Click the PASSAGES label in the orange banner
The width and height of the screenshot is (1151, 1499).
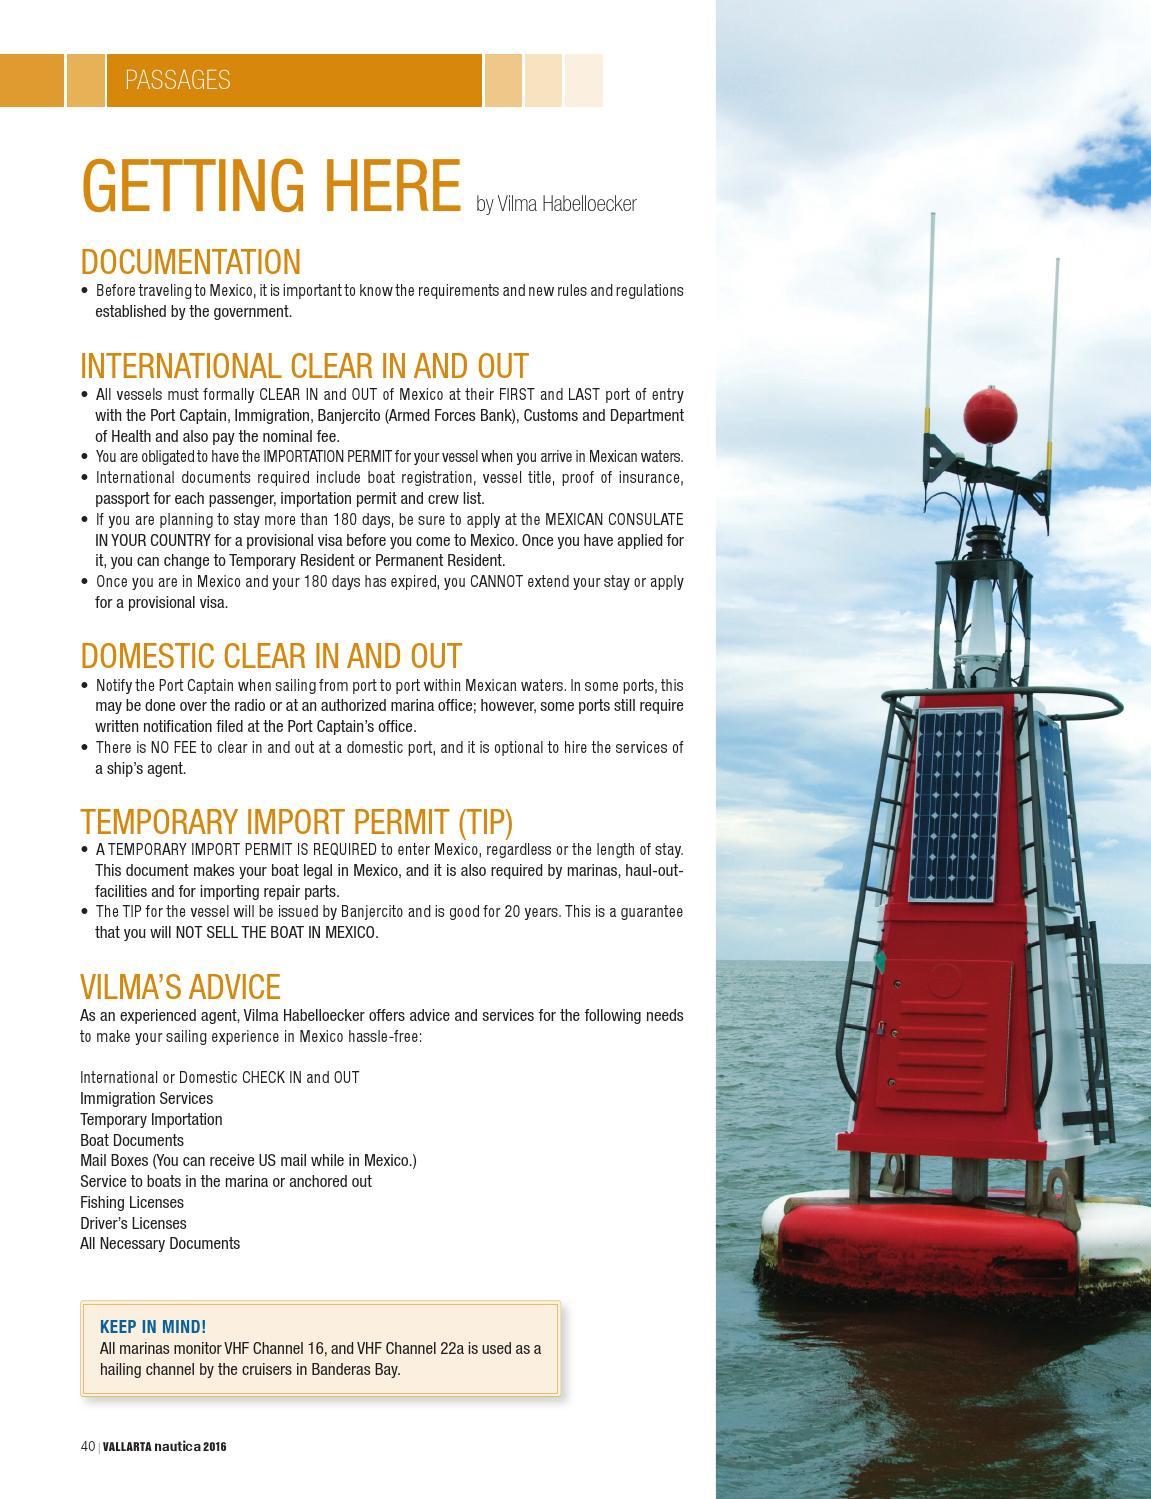click(x=177, y=80)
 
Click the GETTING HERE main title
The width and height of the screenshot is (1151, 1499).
click(x=270, y=186)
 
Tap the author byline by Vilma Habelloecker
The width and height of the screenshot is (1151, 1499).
click(x=556, y=204)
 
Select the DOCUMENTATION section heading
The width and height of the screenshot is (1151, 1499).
click(x=190, y=262)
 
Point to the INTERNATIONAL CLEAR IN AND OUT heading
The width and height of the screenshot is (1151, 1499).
click(x=304, y=366)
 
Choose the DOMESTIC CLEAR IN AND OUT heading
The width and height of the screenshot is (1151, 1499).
click(x=271, y=656)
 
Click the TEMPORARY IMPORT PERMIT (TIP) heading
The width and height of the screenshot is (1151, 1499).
click(x=296, y=822)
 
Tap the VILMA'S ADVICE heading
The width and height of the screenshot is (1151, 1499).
click(x=180, y=987)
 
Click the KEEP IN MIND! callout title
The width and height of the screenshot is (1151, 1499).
click(x=153, y=1327)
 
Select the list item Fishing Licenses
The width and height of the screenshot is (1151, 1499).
click(x=132, y=1202)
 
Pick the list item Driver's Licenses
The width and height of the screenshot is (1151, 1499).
click(x=133, y=1223)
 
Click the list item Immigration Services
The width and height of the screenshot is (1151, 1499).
click(x=146, y=1098)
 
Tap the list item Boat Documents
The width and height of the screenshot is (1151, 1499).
click(x=132, y=1140)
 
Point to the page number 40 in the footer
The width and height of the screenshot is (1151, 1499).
click(x=88, y=1446)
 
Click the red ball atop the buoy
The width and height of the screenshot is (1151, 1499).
click(x=990, y=415)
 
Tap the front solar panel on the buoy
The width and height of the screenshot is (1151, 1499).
click(x=954, y=805)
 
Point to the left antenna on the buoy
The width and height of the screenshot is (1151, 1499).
click(x=932, y=320)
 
